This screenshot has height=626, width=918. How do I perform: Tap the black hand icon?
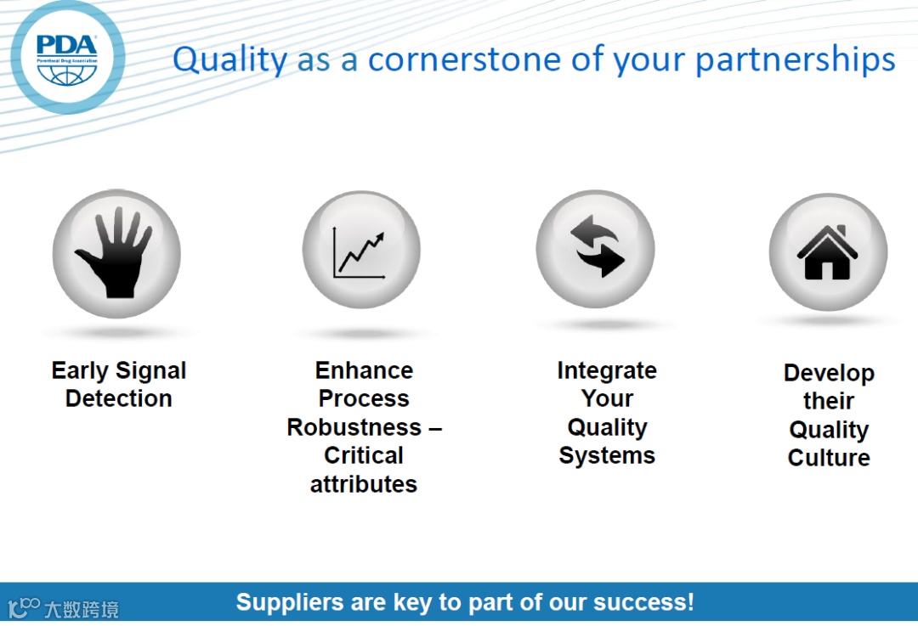click(x=116, y=253)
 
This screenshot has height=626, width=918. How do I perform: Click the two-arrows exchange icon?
click(x=596, y=247)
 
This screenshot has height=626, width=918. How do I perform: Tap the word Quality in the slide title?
click(x=229, y=60)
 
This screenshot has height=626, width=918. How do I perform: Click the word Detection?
click(x=119, y=399)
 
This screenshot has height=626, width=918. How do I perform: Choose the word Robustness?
click(x=354, y=427)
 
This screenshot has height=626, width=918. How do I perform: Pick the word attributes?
click(x=364, y=484)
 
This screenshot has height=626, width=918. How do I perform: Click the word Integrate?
click(x=607, y=371)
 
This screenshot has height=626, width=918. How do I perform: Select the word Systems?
click(x=607, y=455)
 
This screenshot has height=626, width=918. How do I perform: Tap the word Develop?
click(x=829, y=373)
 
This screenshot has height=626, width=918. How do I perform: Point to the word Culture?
click(x=829, y=458)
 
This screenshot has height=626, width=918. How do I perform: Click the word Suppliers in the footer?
click(x=287, y=602)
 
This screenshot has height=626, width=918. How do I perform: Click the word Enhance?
click(x=364, y=371)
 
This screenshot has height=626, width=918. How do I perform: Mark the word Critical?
click(x=364, y=455)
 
